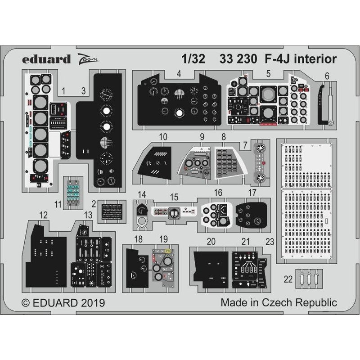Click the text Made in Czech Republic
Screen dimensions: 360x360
pos(279,302)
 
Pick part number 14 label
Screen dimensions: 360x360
pos(142,195)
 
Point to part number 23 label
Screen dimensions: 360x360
pos(270,242)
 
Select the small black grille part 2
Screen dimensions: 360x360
pos(112,211)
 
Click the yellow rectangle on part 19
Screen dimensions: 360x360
pos(168,252)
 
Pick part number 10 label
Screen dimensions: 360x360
pos(163,136)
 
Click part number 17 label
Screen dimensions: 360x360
pos(252,193)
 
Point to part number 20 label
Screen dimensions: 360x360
pos(211,241)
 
